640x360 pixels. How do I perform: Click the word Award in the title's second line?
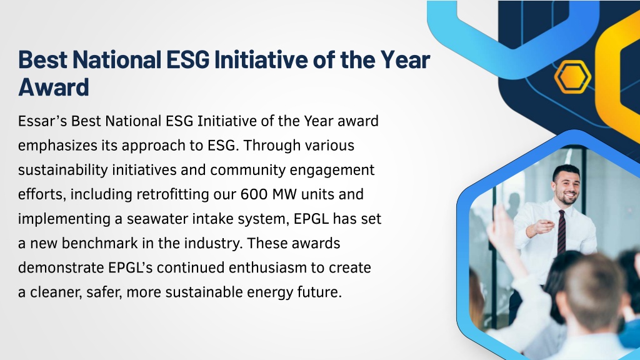54,86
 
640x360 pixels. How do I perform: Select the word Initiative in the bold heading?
261,59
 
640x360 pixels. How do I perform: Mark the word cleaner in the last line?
55,292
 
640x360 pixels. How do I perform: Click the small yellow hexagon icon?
572,77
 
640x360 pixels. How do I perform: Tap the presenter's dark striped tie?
562,232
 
